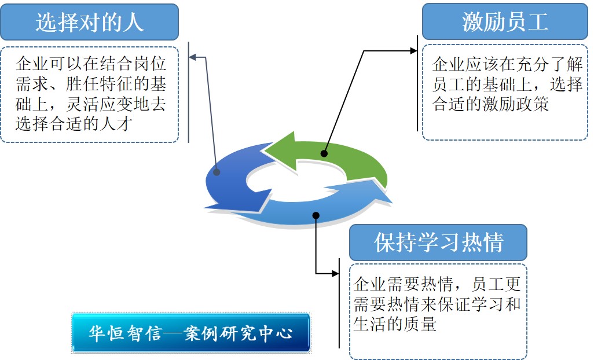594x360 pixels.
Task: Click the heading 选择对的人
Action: (89, 22)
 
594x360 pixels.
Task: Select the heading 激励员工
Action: (504, 22)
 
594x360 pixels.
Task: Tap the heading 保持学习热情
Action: (438, 243)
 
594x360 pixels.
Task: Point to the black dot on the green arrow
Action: (324, 154)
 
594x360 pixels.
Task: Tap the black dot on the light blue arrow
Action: (316, 215)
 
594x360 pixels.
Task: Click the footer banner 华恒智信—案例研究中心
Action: (190, 333)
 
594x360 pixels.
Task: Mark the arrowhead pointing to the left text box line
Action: (193, 57)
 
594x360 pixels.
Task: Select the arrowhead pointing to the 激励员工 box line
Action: (413, 51)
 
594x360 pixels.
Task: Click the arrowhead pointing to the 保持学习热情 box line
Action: (335, 273)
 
